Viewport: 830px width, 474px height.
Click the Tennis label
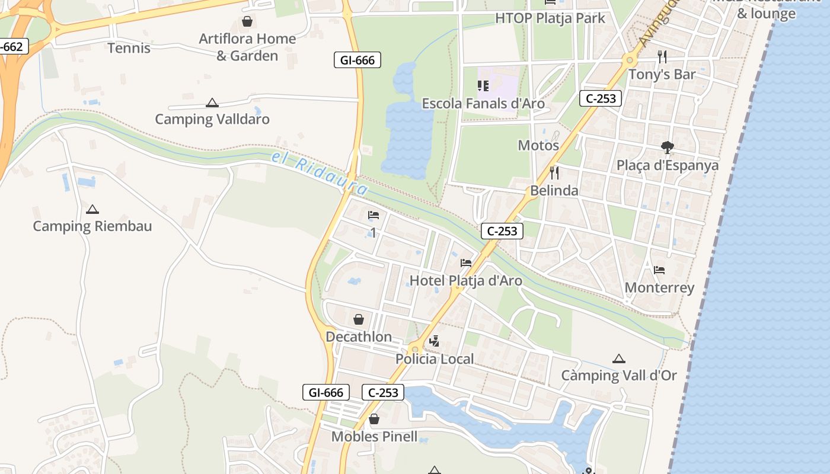click(129, 48)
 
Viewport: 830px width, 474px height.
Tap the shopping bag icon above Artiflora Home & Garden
click(247, 22)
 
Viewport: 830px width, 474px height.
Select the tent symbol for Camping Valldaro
click(212, 103)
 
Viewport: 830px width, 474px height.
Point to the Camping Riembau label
click(92, 226)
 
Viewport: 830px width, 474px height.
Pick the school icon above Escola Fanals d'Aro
click(483, 87)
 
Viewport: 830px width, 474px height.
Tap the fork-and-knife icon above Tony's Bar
click(662, 57)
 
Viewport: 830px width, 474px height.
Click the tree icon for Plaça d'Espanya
click(668, 148)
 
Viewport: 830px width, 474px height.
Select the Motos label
click(538, 145)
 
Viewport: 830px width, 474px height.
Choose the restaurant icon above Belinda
click(554, 173)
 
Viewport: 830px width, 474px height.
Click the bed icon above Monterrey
click(659, 270)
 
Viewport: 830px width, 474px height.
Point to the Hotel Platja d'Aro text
click(466, 280)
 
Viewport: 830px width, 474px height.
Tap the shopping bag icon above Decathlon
click(359, 320)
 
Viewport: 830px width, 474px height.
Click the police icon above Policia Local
click(435, 341)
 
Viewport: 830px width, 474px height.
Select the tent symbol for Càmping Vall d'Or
click(619, 358)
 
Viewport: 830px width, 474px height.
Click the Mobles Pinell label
click(374, 437)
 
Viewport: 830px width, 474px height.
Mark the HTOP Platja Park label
click(551, 18)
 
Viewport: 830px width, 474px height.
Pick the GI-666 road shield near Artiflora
click(357, 60)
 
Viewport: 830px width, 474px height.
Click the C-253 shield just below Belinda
click(502, 231)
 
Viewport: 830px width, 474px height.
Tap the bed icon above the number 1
click(373, 215)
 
